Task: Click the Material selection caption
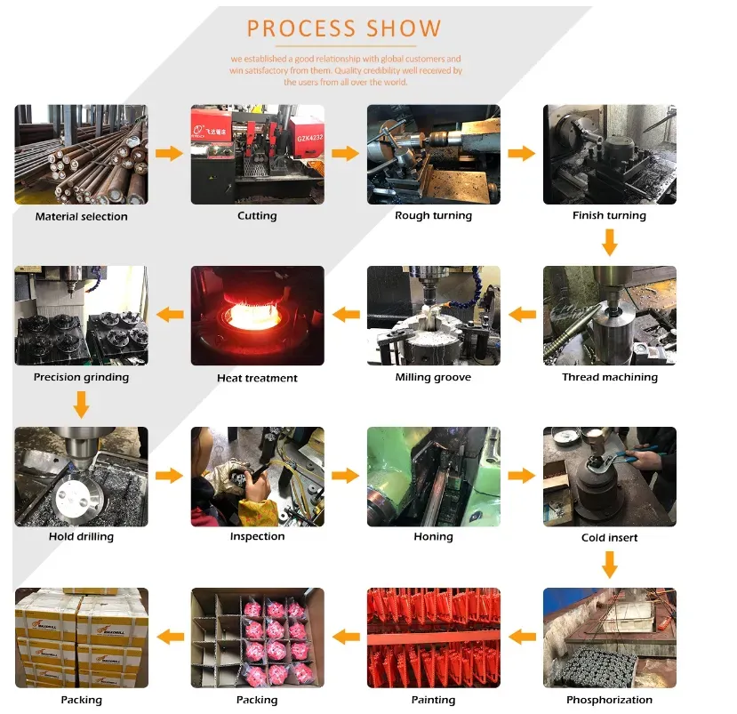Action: tap(81, 216)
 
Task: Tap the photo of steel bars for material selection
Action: tap(81, 155)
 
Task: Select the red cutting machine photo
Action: tap(257, 155)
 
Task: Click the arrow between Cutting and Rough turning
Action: tap(345, 154)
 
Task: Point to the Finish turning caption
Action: tap(609, 215)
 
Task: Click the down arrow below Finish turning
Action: tap(609, 241)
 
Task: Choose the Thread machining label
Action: tap(609, 377)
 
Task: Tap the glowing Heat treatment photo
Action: tap(257, 316)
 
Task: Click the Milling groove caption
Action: tap(433, 377)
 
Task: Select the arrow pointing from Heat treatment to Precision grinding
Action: tap(170, 315)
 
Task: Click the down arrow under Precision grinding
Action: tap(81, 405)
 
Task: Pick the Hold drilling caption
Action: tap(81, 537)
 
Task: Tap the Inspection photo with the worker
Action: tap(257, 477)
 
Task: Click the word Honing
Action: tap(433, 537)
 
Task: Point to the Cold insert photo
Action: tap(609, 477)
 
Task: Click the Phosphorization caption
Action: tap(609, 700)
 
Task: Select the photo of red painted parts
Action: tap(433, 637)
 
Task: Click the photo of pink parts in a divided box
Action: tap(257, 637)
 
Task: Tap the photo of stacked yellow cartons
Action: tap(81, 637)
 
